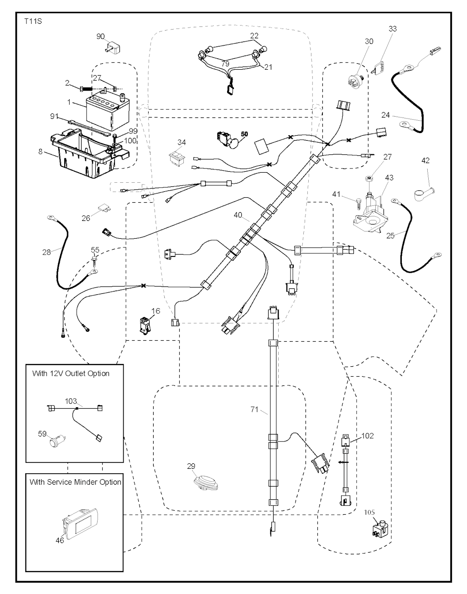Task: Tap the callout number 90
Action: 101,36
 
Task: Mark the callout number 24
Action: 386,115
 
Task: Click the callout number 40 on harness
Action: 239,214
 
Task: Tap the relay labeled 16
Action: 145,325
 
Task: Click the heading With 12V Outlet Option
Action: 71,374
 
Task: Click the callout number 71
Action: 255,410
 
